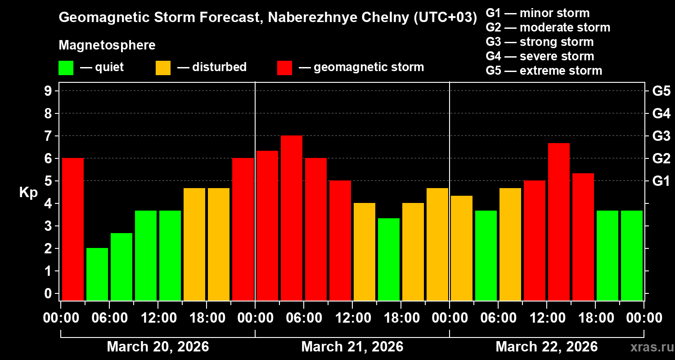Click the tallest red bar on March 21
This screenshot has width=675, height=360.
292,218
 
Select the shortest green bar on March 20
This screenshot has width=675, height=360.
97,274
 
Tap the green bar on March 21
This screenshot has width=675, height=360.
389,259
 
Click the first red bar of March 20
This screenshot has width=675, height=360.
73,229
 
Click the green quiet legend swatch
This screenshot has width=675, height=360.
66,68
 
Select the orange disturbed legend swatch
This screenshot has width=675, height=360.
163,68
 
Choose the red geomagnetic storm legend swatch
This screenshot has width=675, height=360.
284,68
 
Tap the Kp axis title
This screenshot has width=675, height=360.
28,193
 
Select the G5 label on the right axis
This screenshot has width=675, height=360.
661,91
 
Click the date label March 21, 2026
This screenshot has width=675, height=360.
352,347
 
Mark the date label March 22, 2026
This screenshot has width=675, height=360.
546,347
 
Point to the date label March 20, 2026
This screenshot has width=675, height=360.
157,347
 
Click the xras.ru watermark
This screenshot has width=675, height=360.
649,347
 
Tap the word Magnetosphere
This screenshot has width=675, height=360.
107,45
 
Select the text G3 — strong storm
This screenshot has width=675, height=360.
540,42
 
